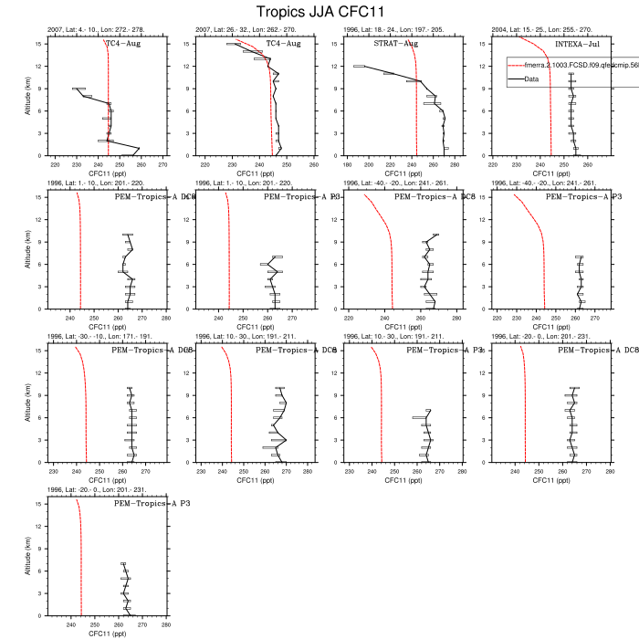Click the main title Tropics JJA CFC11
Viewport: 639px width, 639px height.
[319, 12]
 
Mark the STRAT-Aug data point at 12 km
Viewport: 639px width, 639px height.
[359, 66]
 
